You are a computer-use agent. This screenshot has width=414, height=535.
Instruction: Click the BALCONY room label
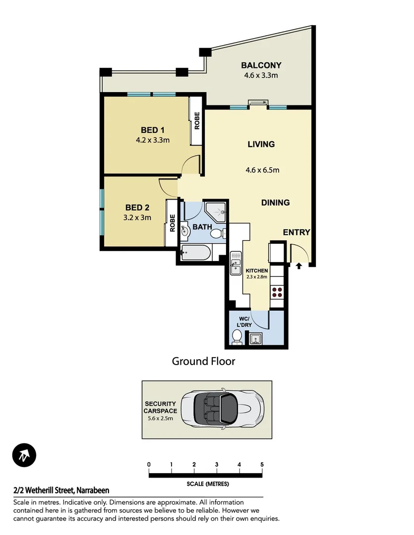[261, 65]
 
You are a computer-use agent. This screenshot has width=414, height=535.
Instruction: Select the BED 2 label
[137, 208]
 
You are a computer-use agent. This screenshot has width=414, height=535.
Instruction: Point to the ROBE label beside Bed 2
[172, 222]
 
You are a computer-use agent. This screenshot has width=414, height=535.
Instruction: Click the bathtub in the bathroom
[196, 254]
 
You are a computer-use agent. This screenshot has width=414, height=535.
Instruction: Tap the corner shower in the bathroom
[216, 212]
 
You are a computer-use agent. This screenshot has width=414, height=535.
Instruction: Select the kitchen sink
[235, 266]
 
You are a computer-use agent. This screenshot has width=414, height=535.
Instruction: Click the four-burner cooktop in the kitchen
[276, 292]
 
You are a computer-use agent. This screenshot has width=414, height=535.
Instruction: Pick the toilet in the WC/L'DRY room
[237, 336]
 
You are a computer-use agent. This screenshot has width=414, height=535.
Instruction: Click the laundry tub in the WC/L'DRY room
[256, 339]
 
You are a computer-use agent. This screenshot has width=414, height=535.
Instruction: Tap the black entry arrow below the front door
[298, 267]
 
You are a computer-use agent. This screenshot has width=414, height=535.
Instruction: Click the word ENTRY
[296, 232]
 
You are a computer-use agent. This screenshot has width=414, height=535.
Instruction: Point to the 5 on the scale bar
[262, 465]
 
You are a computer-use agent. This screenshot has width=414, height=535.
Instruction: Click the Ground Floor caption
[203, 361]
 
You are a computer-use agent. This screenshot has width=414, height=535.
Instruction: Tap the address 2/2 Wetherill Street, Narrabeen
[61, 490]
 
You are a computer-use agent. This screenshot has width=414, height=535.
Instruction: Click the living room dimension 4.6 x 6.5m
[262, 170]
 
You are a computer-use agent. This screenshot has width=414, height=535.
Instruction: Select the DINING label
[276, 203]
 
